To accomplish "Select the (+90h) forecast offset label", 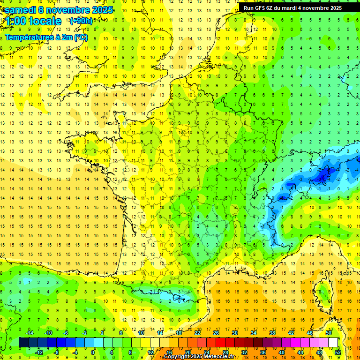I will point(81,21).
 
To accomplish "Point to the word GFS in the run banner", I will point(262,8).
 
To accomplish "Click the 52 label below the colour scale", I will point(337,352).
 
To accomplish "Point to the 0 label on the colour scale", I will point(92,352).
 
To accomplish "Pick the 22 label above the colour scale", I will point(197,333).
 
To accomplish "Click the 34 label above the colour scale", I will point(254,333).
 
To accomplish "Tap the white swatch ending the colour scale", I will point(333,343).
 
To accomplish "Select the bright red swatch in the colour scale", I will point(220,343).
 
